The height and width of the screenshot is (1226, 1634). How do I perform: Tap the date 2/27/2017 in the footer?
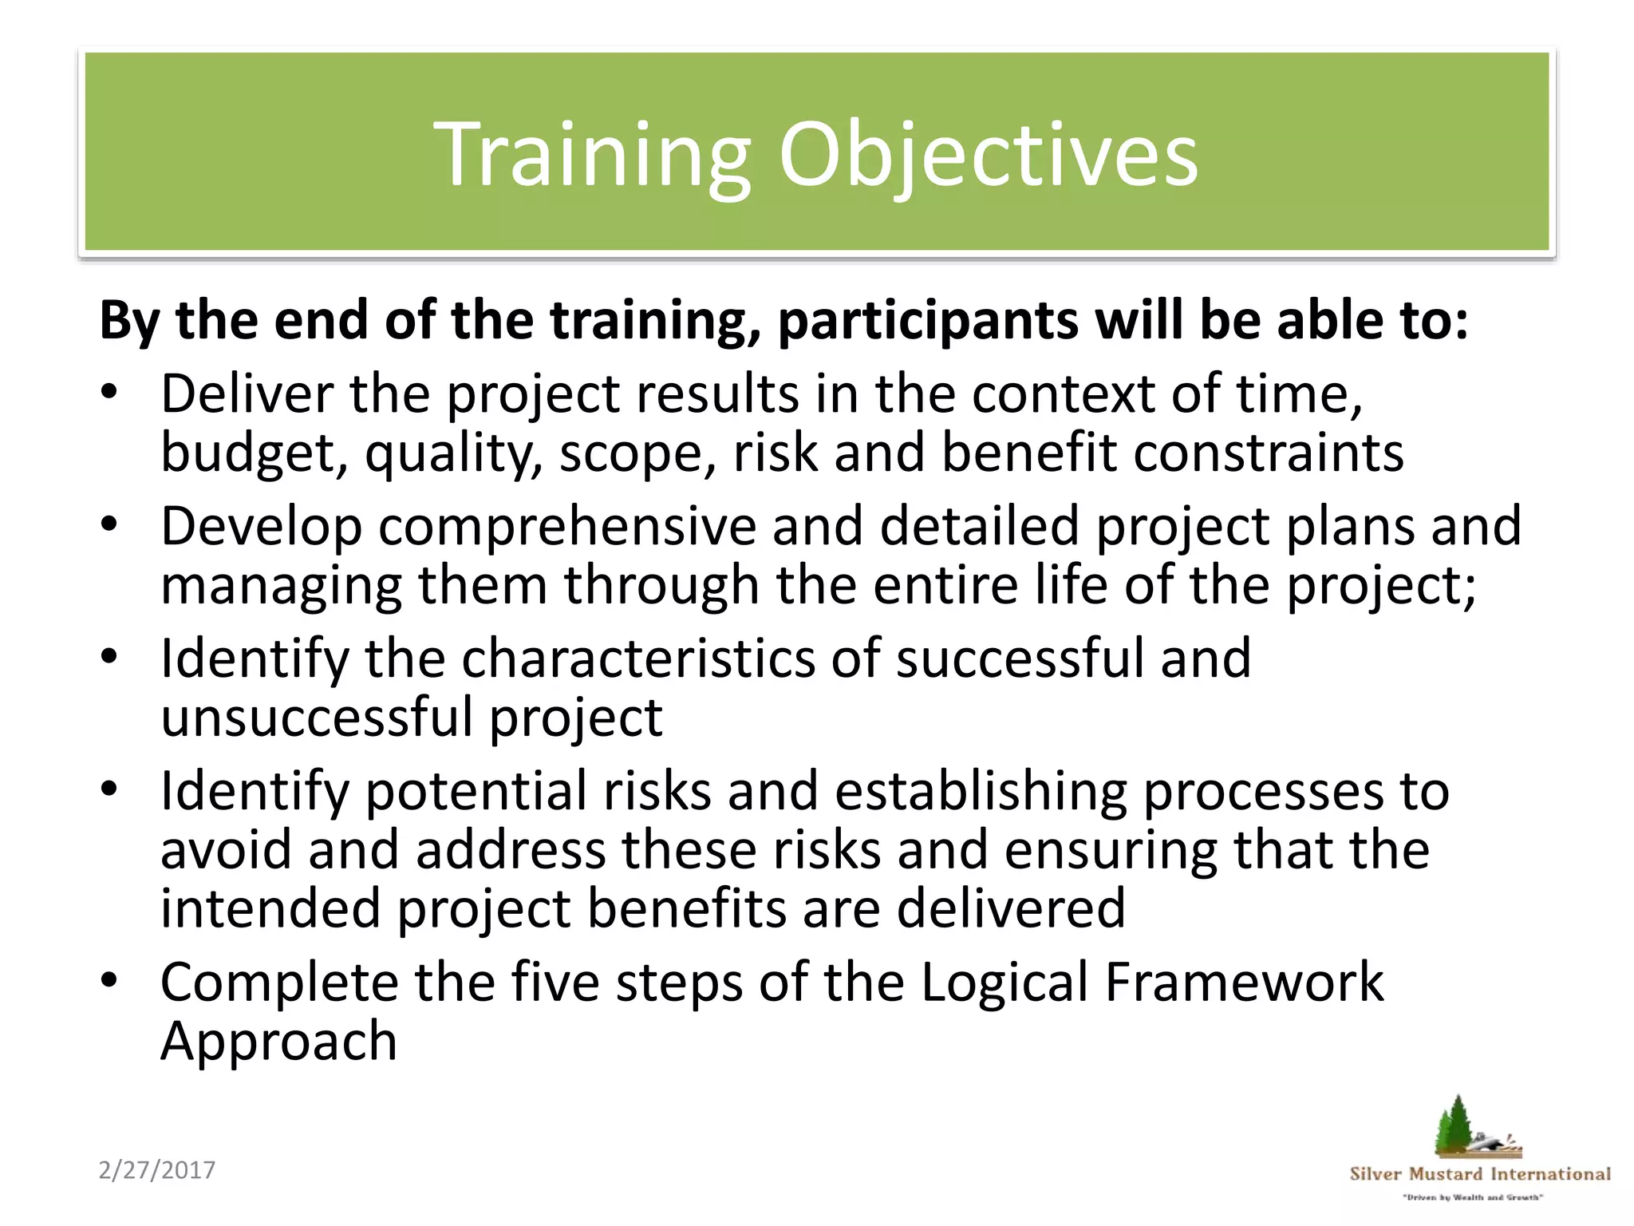tap(157, 1170)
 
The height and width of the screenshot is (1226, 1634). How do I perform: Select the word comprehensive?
tap(566, 527)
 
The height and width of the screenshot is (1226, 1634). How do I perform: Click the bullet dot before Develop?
tap(109, 525)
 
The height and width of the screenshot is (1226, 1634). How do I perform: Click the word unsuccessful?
tap(317, 717)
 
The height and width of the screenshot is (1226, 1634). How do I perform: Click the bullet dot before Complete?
tap(109, 981)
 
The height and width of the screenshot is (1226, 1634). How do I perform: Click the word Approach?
tap(278, 1042)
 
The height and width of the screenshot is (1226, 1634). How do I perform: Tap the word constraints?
tap(1268, 453)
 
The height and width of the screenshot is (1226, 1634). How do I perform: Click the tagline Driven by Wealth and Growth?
tap(1473, 1197)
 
